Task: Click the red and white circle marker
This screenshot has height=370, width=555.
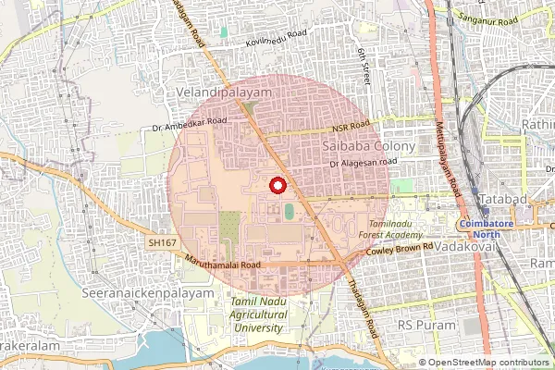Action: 276,185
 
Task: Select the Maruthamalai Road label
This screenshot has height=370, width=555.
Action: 225,264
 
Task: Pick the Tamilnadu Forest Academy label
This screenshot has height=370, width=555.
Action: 397,230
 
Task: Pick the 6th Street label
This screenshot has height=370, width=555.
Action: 363,68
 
